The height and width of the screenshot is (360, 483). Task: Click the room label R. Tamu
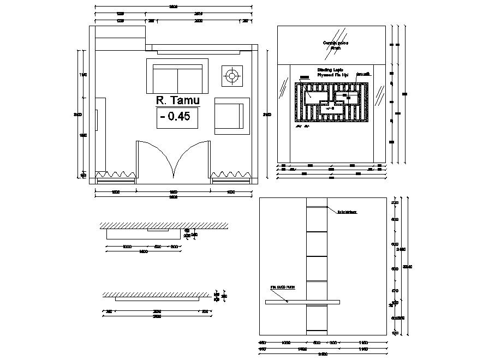click(178, 100)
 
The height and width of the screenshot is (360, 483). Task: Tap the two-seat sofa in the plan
click(177, 76)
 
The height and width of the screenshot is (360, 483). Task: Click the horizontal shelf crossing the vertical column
click(303, 302)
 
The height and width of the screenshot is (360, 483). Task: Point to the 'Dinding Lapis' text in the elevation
click(331, 70)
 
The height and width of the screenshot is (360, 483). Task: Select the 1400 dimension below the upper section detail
click(143, 252)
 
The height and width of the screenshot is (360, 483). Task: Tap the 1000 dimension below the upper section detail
click(127, 247)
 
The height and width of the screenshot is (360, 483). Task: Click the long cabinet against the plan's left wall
click(100, 134)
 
